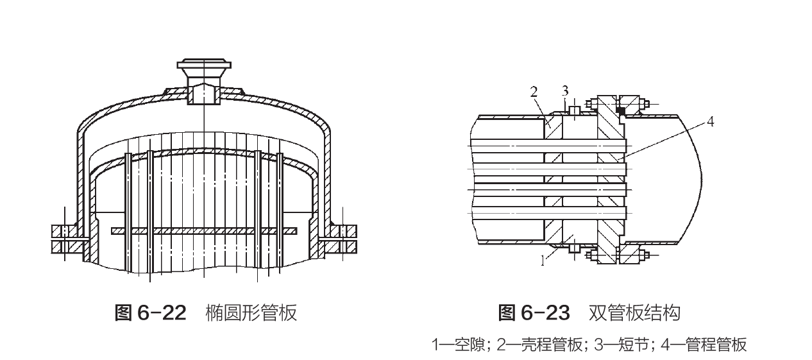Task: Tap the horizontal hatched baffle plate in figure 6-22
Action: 203,230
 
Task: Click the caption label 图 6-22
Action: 149,313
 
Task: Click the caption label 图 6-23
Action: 534,313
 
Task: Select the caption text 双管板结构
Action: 634,313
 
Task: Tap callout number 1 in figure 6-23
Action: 544,259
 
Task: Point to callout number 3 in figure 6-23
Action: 565,89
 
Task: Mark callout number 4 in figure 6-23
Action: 711,121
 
